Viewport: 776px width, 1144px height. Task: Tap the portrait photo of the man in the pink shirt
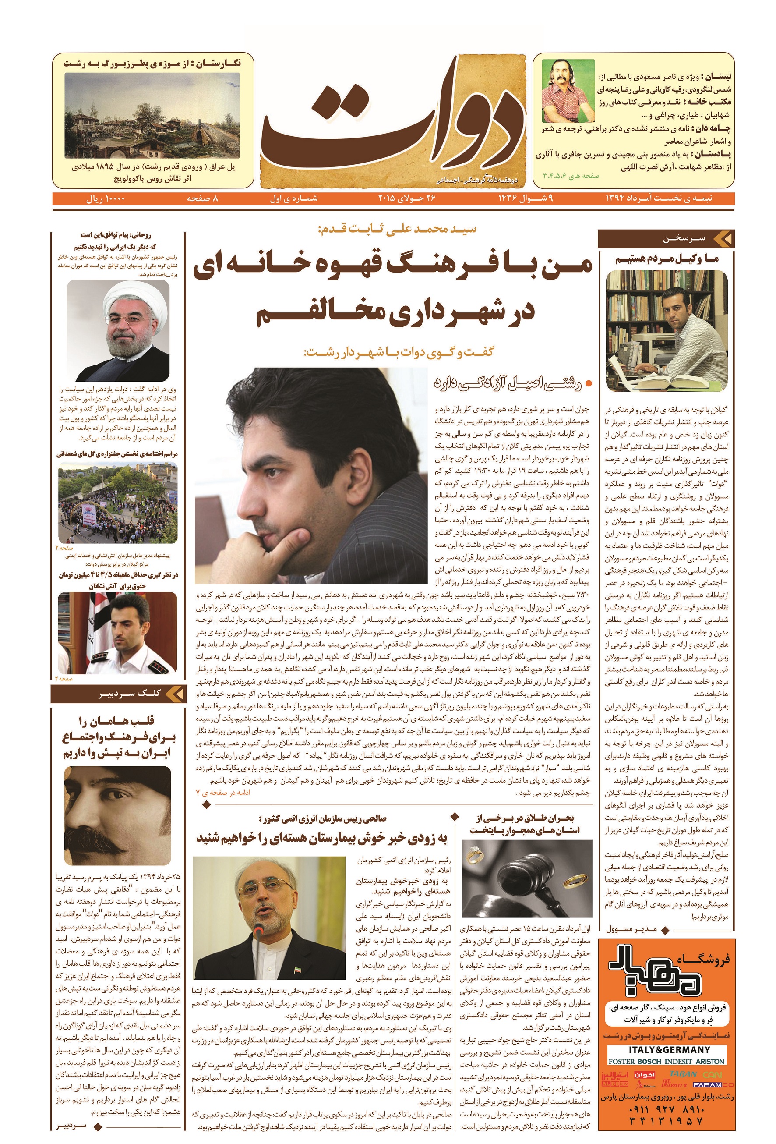(568, 91)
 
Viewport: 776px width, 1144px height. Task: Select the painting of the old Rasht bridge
(152, 116)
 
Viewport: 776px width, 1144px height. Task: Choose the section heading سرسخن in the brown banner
(684, 239)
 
